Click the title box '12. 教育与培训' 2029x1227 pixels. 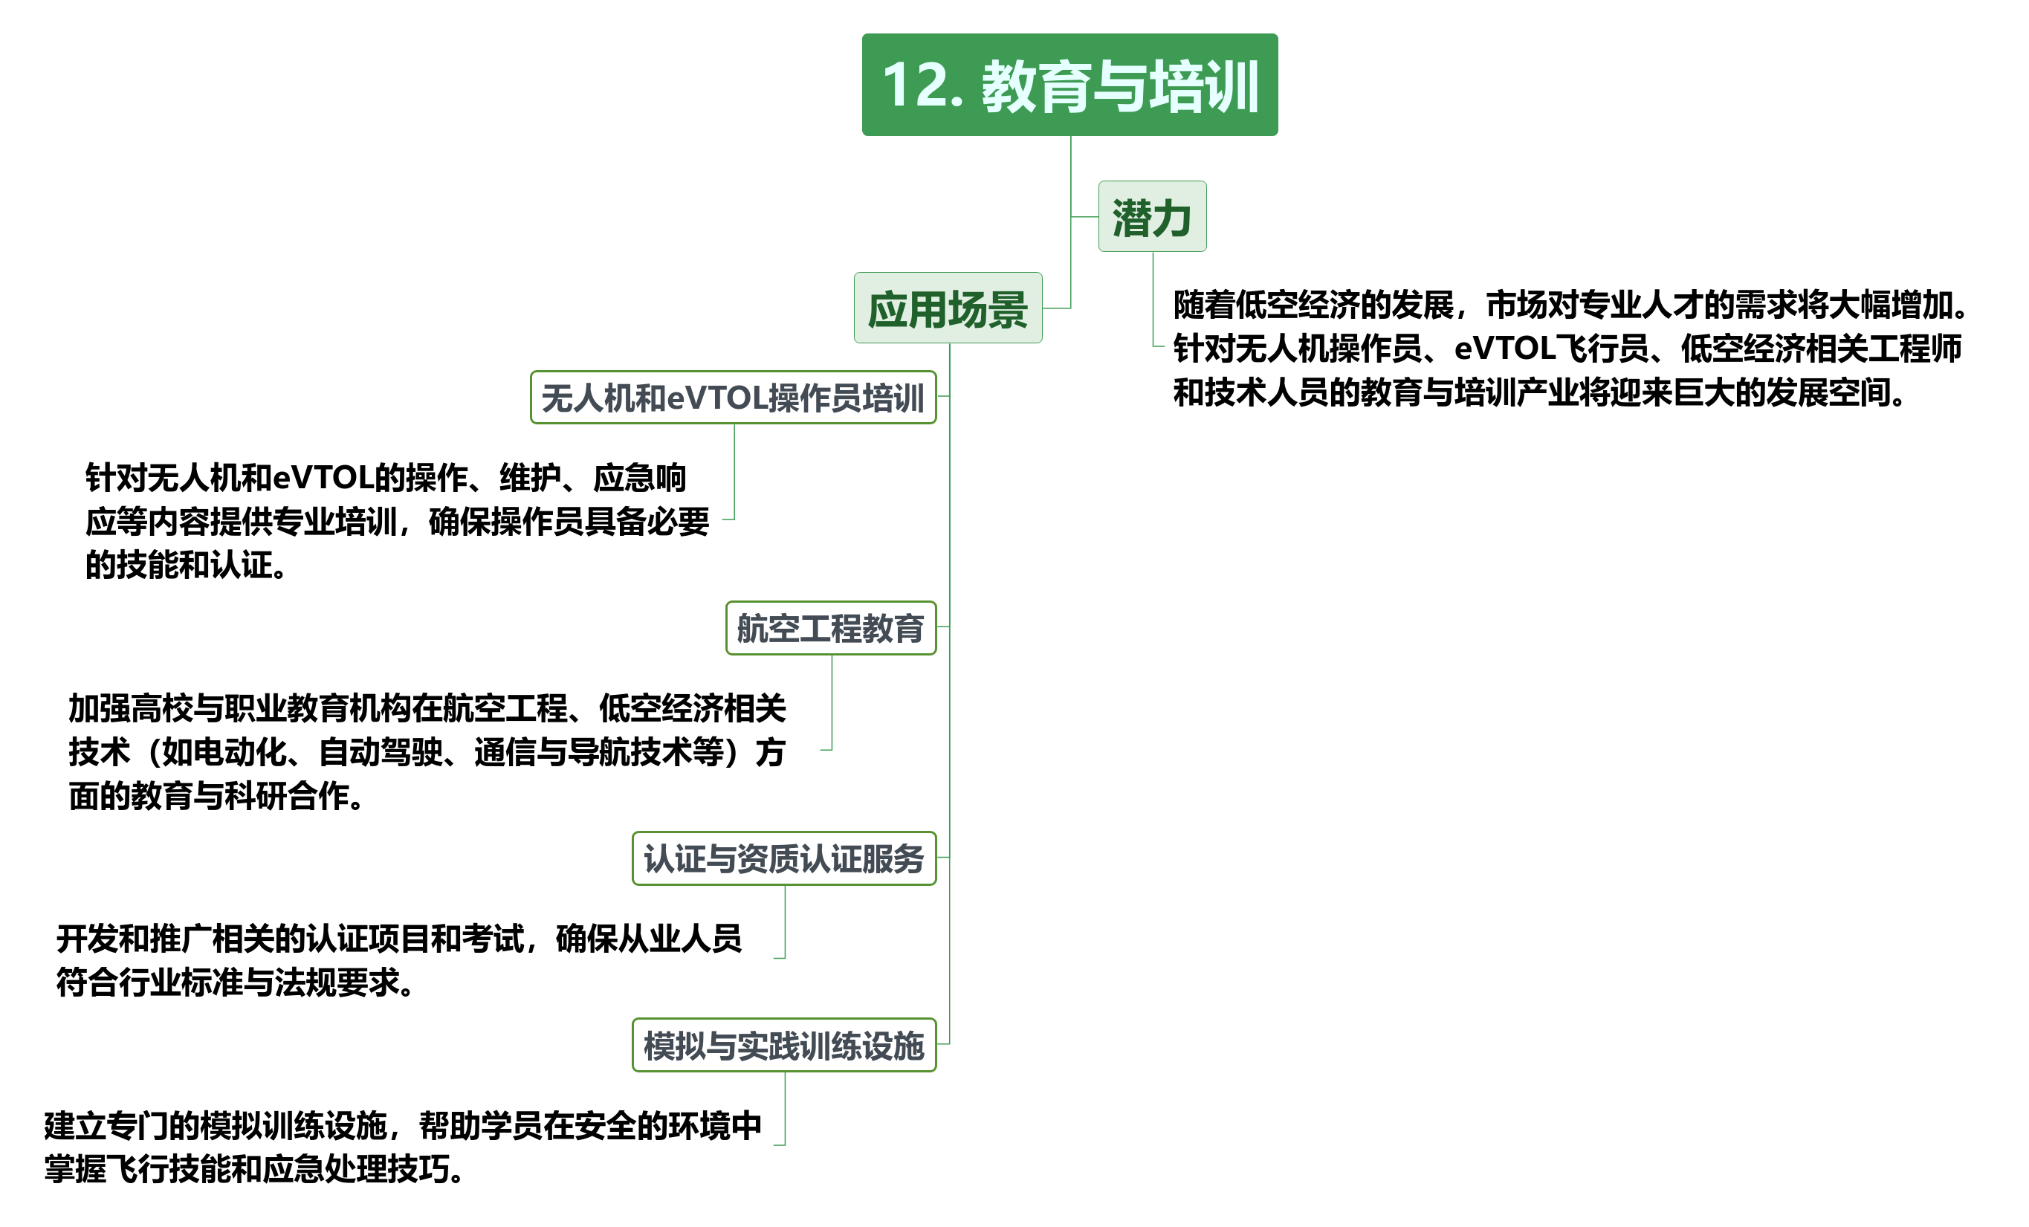[x=1069, y=85]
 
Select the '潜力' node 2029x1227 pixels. [x=1152, y=216]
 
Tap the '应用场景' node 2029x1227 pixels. [x=948, y=308]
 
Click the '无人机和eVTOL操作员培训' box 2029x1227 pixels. [x=733, y=398]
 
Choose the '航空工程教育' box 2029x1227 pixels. [x=831, y=628]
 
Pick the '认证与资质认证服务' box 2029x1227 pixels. [x=784, y=859]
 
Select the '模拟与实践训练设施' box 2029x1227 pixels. [x=784, y=1046]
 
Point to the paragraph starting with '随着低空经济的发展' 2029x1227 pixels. [x=1570, y=349]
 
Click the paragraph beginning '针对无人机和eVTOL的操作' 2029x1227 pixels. [x=397, y=521]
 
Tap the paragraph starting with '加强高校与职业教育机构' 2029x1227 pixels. [x=427, y=752]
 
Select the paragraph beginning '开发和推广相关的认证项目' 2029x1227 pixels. [x=398, y=960]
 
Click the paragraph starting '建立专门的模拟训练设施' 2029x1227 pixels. [x=403, y=1147]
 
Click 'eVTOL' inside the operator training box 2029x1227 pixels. [x=716, y=398]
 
